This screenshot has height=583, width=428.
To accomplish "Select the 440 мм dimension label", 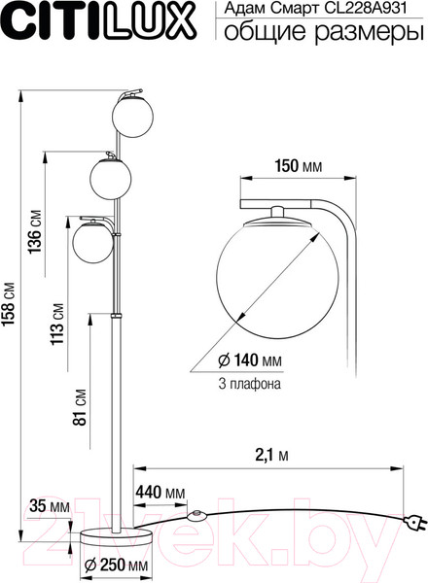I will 160,494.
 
